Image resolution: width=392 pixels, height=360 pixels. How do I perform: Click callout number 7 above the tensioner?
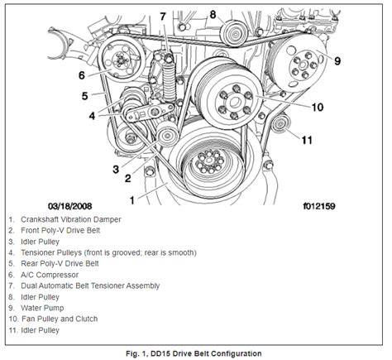163,17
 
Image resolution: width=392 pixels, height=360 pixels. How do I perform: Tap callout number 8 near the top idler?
213,14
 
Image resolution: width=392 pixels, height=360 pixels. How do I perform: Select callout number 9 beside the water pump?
337,60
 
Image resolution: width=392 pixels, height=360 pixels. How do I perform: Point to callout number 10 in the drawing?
318,107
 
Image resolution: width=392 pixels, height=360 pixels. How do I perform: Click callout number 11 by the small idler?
307,140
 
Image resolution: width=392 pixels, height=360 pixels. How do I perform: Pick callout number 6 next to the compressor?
82,75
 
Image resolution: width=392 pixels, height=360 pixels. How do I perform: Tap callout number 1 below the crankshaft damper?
132,200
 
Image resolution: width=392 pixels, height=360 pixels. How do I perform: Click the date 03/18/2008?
70,206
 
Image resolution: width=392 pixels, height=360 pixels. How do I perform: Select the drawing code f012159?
319,206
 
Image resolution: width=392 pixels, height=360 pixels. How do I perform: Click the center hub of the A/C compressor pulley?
120,60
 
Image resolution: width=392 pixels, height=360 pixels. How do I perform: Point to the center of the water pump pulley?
303,65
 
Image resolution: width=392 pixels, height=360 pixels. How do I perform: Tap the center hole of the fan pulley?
235,103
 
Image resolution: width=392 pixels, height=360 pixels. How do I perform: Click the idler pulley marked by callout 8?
234,33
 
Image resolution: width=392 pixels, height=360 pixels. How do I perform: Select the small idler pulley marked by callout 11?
280,124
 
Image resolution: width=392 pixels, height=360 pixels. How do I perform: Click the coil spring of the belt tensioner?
170,81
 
